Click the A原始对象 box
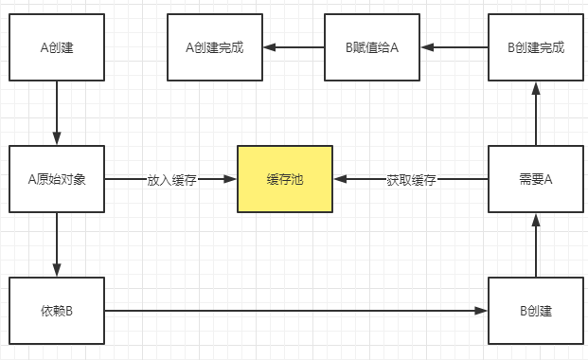pos(57,179)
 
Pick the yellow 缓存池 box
pos(284,179)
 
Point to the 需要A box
pos(536,179)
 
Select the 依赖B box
pos(57,311)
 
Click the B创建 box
pos(536,311)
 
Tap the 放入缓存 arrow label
pos(171,179)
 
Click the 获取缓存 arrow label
pos(411,179)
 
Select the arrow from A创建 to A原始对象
pos(57,113)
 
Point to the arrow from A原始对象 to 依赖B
pos(57,244)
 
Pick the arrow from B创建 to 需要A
pos(536,244)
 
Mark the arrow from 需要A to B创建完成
pos(536,113)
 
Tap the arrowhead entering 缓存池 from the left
pos(230,179)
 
